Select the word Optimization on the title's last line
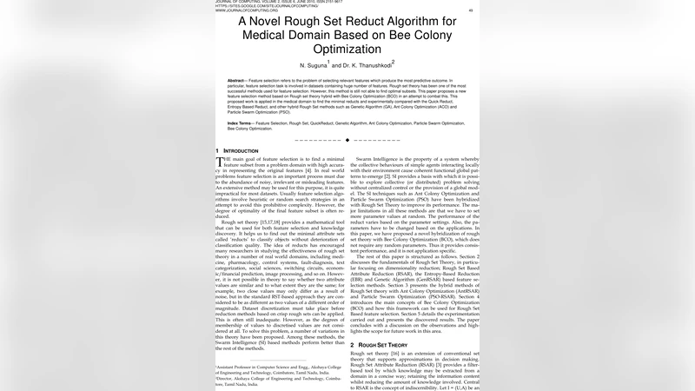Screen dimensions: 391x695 pos(347,55)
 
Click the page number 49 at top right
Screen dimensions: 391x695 pos(471,11)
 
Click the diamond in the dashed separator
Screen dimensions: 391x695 pos(347,139)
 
